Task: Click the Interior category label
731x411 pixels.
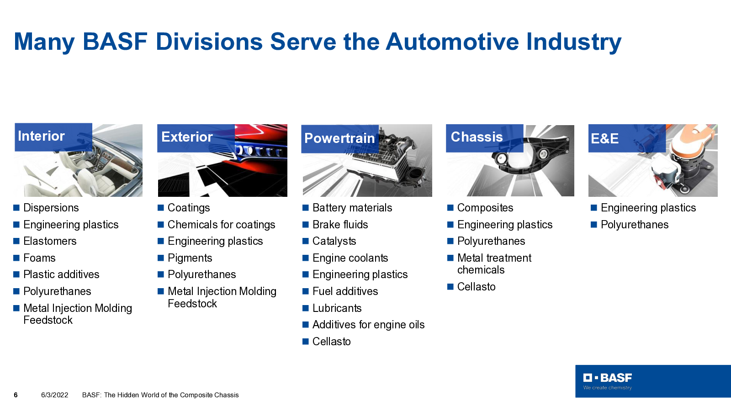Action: coord(41,136)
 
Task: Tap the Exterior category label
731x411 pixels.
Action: coord(187,137)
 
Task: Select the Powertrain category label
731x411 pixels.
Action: coord(339,138)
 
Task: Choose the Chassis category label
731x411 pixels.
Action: coord(477,137)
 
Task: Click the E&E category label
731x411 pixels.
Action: coord(605,139)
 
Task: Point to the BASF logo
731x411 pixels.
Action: coord(608,381)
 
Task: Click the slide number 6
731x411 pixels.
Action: coord(16,395)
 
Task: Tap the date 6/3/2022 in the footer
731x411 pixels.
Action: coord(54,395)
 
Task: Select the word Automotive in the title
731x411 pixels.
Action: coord(452,42)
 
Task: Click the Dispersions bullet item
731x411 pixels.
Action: coord(51,208)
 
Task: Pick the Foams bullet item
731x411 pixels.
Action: coord(39,258)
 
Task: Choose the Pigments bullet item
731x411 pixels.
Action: coord(190,258)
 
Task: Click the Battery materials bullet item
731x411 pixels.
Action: coord(352,208)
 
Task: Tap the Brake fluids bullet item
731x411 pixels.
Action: coord(340,225)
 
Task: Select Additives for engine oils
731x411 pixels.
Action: coord(368,325)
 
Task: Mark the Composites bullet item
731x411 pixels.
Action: coord(485,208)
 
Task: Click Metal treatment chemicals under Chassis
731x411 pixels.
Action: coord(494,264)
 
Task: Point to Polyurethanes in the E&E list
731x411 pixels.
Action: coord(635,225)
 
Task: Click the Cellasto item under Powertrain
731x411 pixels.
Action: coord(331,342)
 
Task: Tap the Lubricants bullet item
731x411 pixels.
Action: coord(337,308)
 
